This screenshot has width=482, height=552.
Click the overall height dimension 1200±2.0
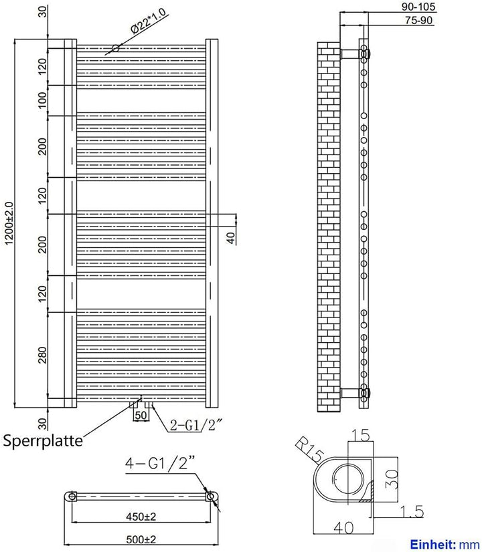click(7, 224)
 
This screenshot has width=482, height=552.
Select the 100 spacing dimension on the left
click(42, 101)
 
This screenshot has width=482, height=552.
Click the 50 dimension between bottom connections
click(141, 416)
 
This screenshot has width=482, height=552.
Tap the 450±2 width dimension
click(141, 515)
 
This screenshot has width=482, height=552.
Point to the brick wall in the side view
click(329, 227)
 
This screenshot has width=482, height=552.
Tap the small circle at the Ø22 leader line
click(115, 48)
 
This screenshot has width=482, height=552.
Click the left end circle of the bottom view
click(70, 497)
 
